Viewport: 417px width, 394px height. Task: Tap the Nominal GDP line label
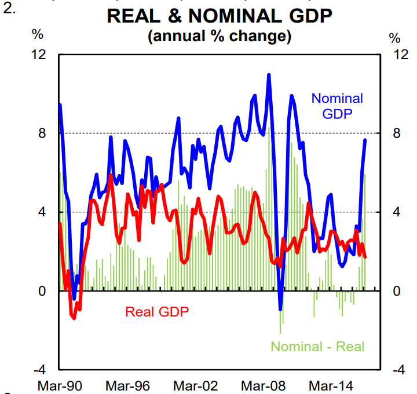point(337,106)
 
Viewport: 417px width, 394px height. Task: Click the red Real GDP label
point(157,311)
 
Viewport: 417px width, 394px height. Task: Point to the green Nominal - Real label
point(318,347)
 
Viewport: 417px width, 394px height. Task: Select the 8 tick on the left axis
point(43,133)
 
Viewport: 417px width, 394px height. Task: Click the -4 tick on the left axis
point(40,370)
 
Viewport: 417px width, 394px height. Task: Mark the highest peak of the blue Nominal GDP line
point(269,75)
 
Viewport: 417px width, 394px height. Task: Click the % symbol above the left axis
point(38,34)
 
